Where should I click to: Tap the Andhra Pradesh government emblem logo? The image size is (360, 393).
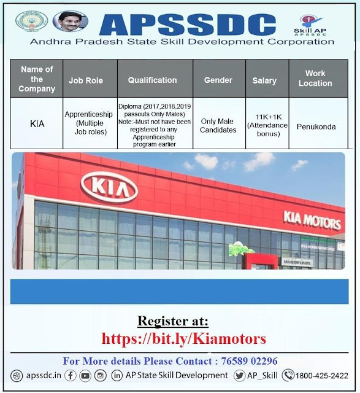[28, 23]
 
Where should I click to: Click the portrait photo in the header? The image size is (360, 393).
[69, 23]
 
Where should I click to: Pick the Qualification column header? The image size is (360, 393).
[152, 80]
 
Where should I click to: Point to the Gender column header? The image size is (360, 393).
[218, 80]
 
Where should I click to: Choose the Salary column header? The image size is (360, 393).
[264, 80]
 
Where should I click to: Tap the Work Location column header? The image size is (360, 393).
[315, 79]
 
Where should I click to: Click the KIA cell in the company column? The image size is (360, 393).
[37, 123]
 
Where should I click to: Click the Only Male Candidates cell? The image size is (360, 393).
[218, 125]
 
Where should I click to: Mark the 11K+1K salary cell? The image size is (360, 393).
[264, 125]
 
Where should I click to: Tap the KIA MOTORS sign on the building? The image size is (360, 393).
[312, 217]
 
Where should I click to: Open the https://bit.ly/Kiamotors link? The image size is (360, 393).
[184, 338]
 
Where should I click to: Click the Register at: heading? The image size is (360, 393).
[173, 321]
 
